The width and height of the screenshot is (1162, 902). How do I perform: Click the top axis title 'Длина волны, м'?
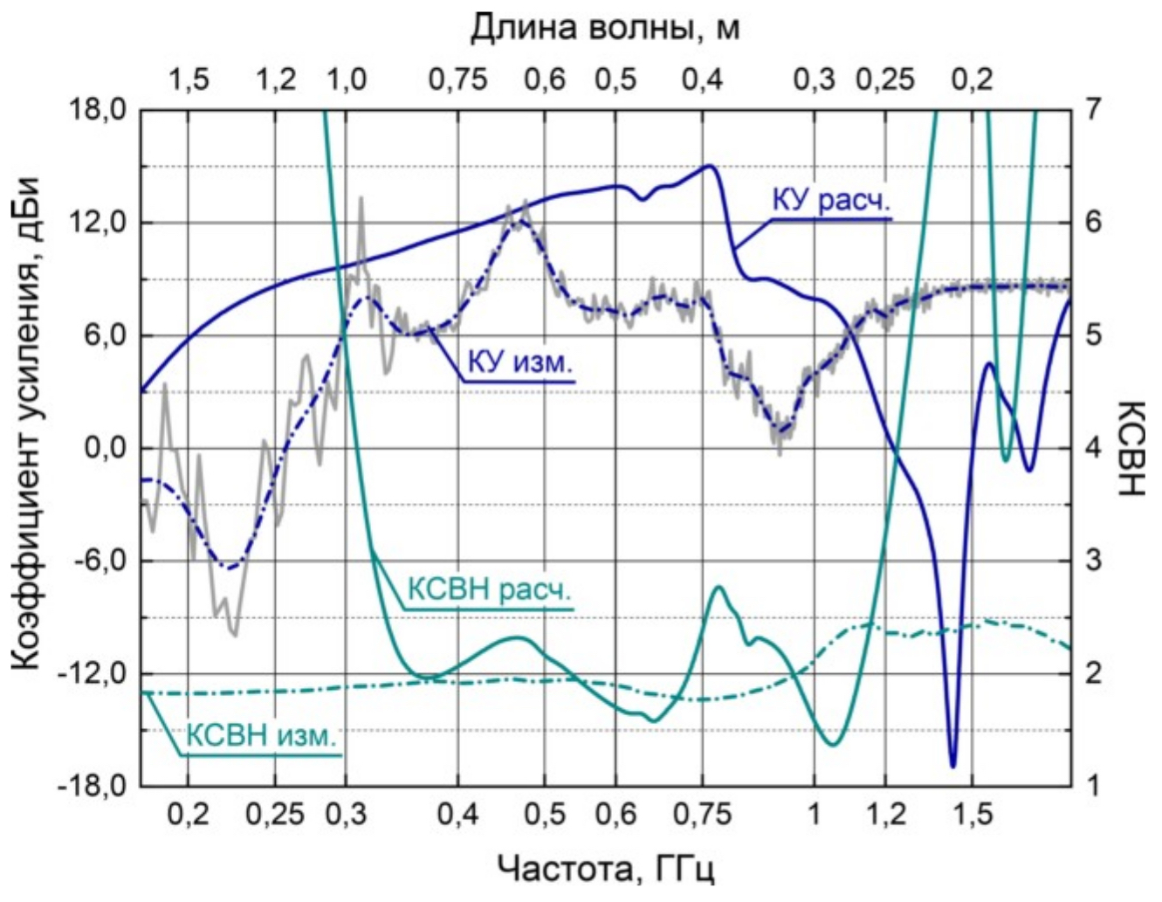(605, 29)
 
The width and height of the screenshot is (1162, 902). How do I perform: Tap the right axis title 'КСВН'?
(1130, 448)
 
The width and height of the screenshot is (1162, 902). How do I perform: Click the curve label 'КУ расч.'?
(831, 201)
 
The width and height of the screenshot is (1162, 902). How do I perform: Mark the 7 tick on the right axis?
(1092, 111)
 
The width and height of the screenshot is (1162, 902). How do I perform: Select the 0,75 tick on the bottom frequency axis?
(703, 816)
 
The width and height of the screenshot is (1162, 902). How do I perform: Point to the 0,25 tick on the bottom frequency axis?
(278, 816)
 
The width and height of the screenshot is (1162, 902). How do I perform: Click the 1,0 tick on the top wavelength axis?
(347, 80)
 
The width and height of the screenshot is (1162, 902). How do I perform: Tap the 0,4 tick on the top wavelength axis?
(703, 80)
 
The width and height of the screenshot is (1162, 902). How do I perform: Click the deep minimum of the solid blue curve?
(952, 766)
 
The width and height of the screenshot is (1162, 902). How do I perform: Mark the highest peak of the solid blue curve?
(709, 166)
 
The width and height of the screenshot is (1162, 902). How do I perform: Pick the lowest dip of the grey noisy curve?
(234, 635)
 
